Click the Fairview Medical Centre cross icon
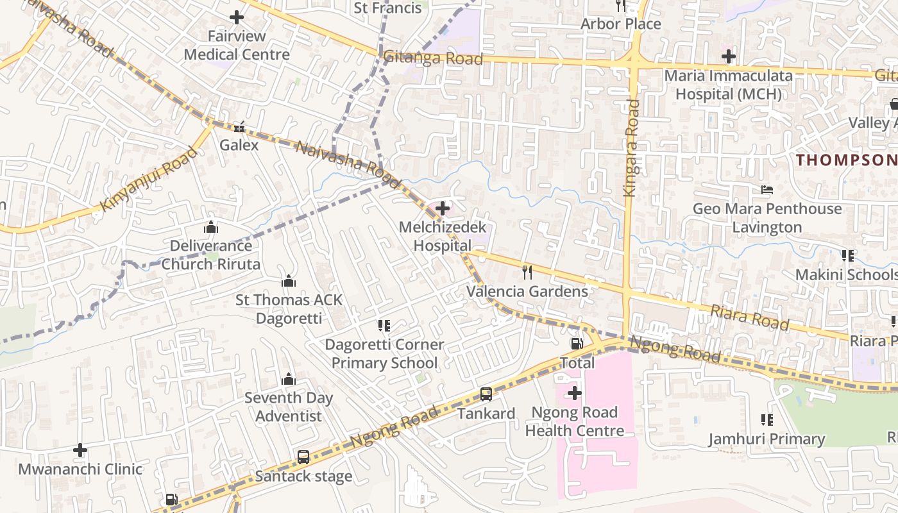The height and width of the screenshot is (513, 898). pos(237,17)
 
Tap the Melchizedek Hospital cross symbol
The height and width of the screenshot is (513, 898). pos(443,208)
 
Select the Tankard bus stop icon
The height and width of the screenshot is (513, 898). pos(486,394)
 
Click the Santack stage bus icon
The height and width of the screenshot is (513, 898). pos(303,457)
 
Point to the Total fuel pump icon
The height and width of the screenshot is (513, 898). pos(577,344)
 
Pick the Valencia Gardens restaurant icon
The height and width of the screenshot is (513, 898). pos(527,273)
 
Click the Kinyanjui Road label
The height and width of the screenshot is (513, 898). pos(149,180)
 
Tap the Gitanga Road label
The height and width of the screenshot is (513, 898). pos(433,58)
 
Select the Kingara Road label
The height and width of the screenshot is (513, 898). pos(631,147)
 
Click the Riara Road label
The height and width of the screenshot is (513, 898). pos(749,317)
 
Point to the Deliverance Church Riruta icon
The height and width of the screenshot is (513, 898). pos(210,227)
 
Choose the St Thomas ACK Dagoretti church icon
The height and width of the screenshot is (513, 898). pos(289,281)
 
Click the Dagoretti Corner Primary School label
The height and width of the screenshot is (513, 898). pos(384,353)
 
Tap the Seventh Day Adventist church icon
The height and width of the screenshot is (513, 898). pos(289,379)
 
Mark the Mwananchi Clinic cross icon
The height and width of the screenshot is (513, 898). pos(80,450)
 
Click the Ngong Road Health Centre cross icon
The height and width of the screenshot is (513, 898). pos(575,392)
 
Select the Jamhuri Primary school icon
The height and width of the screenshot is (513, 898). pos(767,420)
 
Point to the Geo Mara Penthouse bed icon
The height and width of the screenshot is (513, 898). pos(767,190)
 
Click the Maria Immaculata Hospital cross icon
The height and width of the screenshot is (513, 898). pos(728,56)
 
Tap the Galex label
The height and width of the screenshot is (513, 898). pos(239,145)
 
